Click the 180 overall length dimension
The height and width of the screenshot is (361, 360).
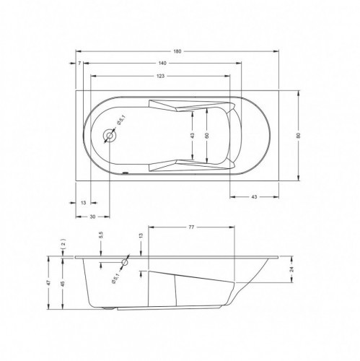click(x=177, y=51)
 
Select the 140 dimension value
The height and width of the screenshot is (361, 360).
click(x=162, y=64)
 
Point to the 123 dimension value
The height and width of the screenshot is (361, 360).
click(x=160, y=77)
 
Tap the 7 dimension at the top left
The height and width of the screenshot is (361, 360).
click(x=79, y=64)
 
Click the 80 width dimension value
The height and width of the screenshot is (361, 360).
click(x=299, y=136)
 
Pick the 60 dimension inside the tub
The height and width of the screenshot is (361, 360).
click(x=207, y=136)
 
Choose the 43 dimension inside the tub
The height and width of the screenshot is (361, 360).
click(x=192, y=136)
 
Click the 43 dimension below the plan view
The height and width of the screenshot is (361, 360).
click(x=254, y=197)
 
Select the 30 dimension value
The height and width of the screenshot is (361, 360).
click(x=92, y=217)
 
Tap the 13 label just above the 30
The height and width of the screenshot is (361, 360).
click(x=83, y=203)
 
